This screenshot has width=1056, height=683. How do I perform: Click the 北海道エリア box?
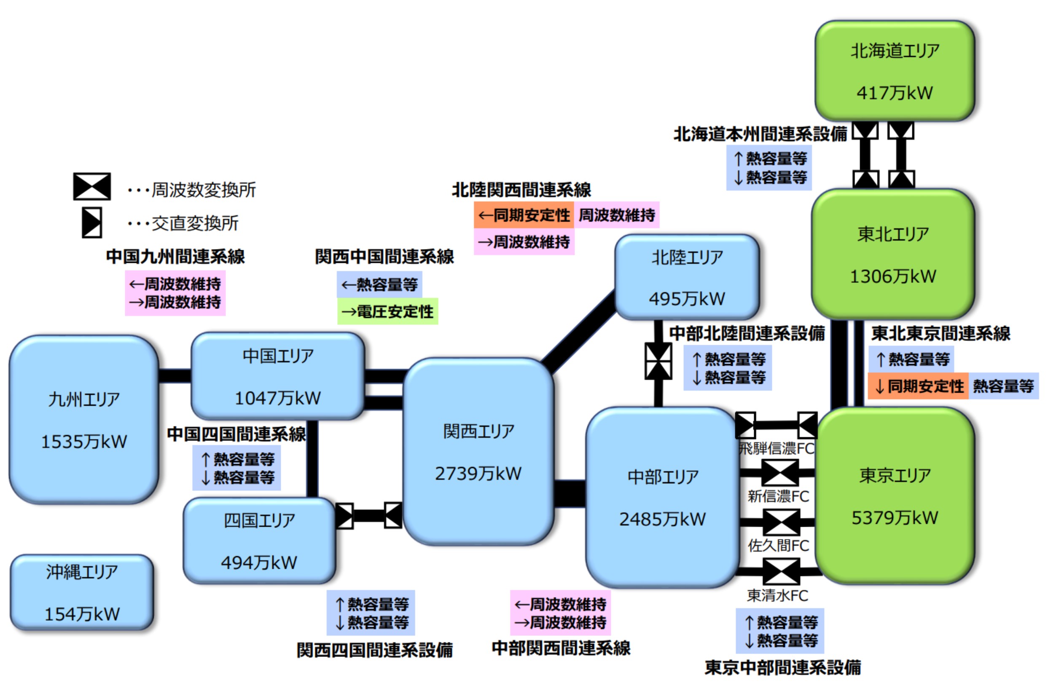[x=895, y=71]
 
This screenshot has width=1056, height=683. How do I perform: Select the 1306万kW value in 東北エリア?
[x=893, y=276]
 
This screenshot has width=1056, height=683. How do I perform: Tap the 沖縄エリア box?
[x=82, y=592]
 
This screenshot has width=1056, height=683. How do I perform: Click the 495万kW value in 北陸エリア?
[x=687, y=298]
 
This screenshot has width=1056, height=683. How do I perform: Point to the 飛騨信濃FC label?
[x=777, y=448]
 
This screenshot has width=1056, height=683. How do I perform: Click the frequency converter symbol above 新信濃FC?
[x=779, y=473]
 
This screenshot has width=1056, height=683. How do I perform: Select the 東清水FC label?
[x=777, y=595]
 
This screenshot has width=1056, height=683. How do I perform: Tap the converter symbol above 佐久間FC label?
[x=781, y=522]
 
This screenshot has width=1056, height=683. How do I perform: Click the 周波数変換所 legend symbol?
[x=92, y=186]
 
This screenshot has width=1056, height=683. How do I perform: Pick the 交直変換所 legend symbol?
[x=92, y=222]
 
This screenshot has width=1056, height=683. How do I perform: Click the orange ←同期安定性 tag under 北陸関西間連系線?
[x=524, y=215]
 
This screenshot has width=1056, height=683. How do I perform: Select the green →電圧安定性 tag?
[x=387, y=311]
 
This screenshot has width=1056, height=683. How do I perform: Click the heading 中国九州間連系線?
[x=175, y=256]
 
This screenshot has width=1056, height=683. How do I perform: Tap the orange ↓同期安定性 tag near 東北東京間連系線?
[x=918, y=386]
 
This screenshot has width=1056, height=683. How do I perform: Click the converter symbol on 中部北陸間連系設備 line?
[x=658, y=361]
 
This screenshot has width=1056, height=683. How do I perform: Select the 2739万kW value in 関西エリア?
[x=478, y=473]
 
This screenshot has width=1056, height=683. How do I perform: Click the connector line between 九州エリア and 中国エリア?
[x=175, y=376]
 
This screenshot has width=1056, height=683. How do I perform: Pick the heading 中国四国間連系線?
[x=236, y=434]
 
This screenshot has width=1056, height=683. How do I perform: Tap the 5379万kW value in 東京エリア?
[x=895, y=517]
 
